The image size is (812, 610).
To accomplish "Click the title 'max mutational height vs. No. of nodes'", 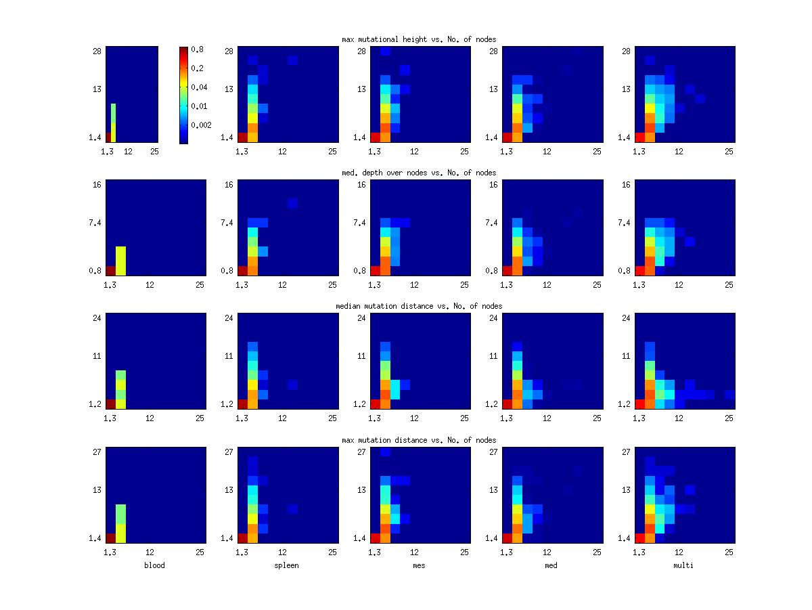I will coord(419,39).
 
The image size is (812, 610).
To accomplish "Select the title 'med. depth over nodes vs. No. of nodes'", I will coord(419,173).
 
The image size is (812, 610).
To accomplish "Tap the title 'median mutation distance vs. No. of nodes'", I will coord(419,306).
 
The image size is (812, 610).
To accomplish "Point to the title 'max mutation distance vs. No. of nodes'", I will coord(419,440).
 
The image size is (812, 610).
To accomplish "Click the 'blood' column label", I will coord(154,565).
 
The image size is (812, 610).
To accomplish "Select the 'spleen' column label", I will coord(286,565).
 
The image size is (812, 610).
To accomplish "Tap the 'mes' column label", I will coord(419,565).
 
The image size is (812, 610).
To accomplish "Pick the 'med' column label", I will coord(551,565).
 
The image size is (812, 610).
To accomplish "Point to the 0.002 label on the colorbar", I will coord(201,125).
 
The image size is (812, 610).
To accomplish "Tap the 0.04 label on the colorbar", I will coord(199,87).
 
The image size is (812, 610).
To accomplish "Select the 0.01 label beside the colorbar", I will coord(199,106).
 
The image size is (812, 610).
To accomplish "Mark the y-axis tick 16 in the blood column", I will coord(97,185).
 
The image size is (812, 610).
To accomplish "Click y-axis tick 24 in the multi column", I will coord(626,318).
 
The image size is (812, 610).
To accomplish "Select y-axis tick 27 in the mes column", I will coord(362,452).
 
